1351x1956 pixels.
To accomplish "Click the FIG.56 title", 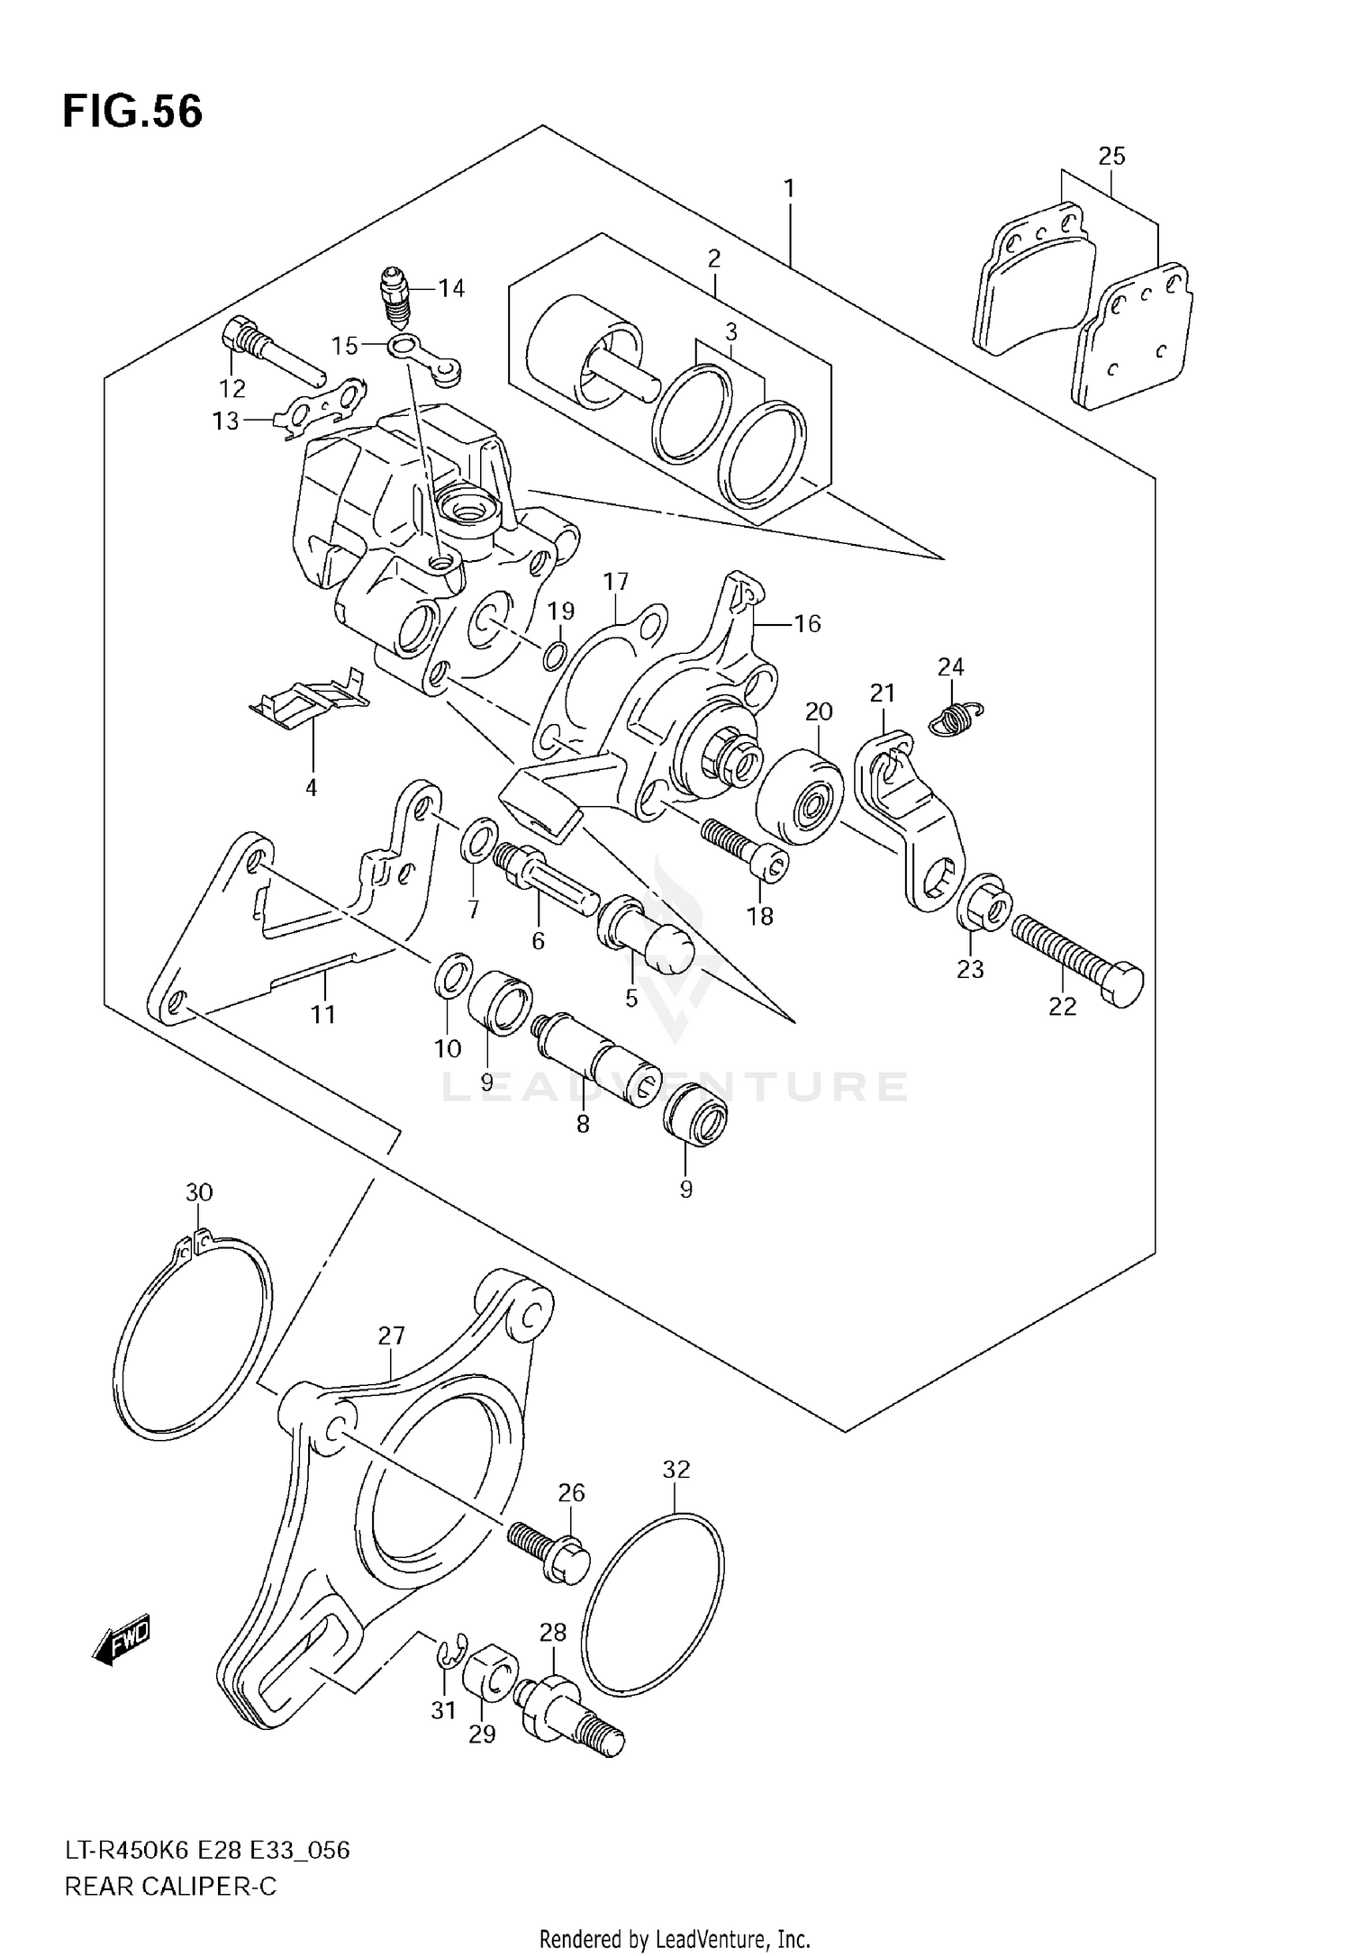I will [x=132, y=113].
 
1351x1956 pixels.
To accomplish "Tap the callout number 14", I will [x=451, y=288].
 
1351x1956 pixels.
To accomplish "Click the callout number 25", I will [x=1111, y=156].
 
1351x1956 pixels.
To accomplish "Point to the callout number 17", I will [x=616, y=582].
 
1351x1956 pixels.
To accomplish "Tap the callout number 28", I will [x=552, y=1632].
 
